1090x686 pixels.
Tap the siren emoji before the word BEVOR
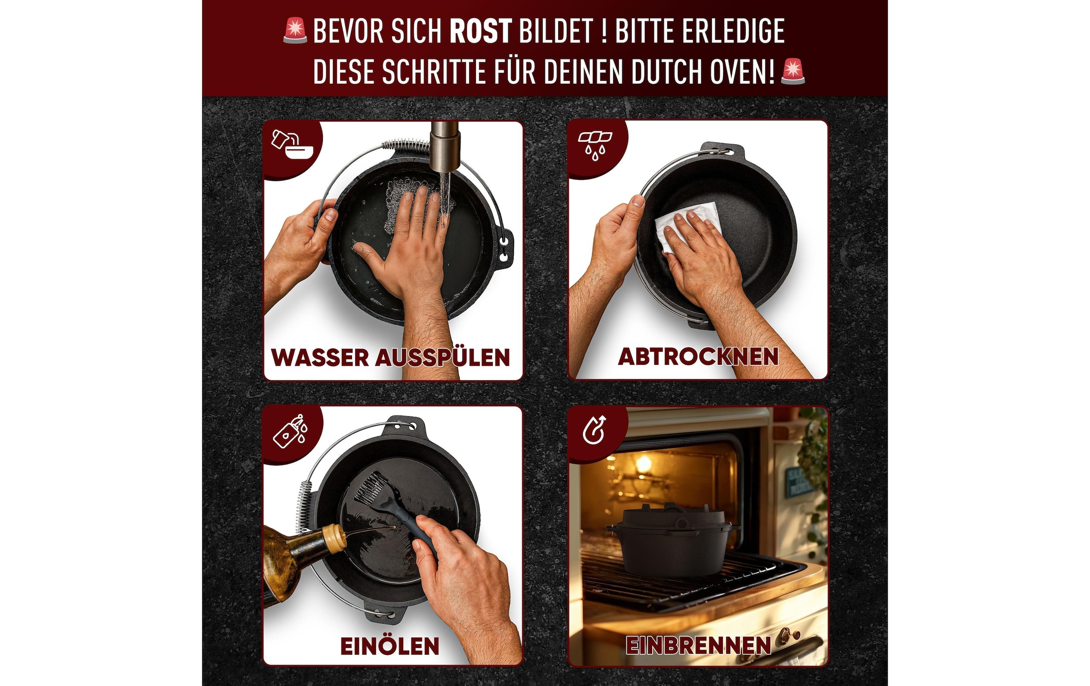pyautogui.click(x=295, y=31)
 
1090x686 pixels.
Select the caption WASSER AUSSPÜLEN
pyautogui.click(x=391, y=357)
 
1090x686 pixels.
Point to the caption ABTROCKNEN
pyautogui.click(x=698, y=357)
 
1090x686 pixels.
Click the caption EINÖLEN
pyautogui.click(x=390, y=646)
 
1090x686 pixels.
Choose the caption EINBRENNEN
pyautogui.click(x=698, y=645)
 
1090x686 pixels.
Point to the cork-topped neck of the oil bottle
pyautogui.click(x=334, y=538)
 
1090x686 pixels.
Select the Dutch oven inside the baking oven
pyautogui.click(x=672, y=541)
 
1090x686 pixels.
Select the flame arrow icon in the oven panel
pyautogui.click(x=595, y=429)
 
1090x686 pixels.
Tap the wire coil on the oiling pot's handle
pyautogui.click(x=303, y=504)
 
